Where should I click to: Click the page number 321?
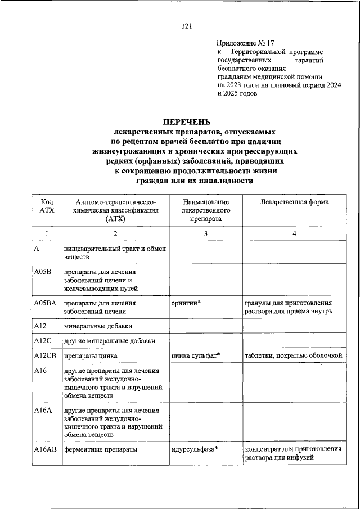pyautogui.click(x=187, y=26)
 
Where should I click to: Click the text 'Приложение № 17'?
pyautogui.click(x=246, y=42)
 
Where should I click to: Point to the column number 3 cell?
pyautogui.click(x=206, y=233)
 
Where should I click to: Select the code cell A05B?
pyautogui.click(x=43, y=272)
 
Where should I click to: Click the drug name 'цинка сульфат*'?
pyautogui.click(x=195, y=355)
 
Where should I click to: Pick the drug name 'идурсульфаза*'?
pyautogui.click(x=194, y=449)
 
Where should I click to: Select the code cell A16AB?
pyautogui.click(x=45, y=449)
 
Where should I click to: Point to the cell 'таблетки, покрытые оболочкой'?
pyautogui.click(x=293, y=355)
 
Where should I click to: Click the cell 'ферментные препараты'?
pyautogui.click(x=98, y=449)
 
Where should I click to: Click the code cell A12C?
pyautogui.click(x=43, y=340)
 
